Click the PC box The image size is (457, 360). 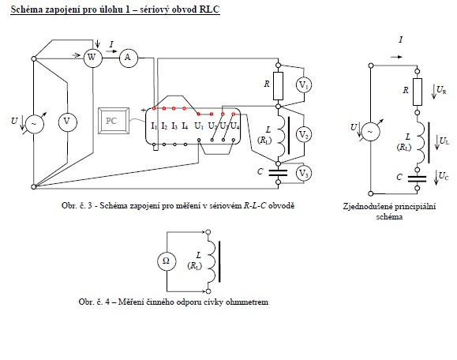[x=114, y=121]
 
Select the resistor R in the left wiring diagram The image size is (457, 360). [x=278, y=86]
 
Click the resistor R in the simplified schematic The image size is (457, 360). [x=418, y=92]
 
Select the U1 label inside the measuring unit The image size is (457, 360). [x=199, y=126]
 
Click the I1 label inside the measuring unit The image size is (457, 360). [x=154, y=126]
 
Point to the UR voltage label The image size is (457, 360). [x=441, y=90]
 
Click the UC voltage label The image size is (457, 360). [x=444, y=176]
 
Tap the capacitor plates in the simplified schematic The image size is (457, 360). [x=417, y=178]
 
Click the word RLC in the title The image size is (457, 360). [x=209, y=9]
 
